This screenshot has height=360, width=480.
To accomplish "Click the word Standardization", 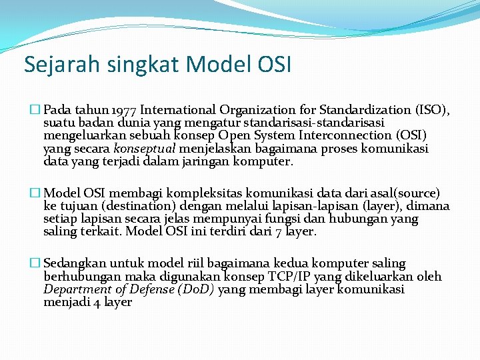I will pos(365,110).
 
